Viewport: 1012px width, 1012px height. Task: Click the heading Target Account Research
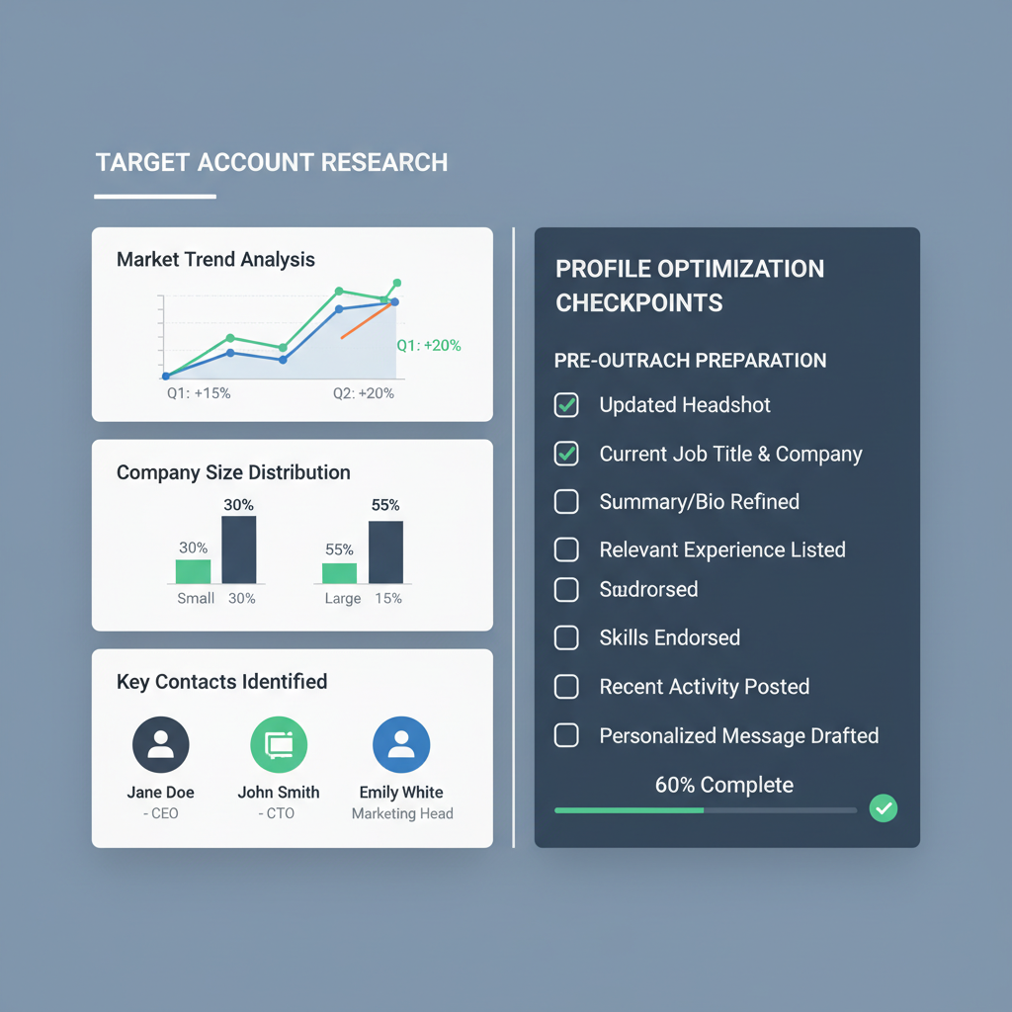pyautogui.click(x=272, y=163)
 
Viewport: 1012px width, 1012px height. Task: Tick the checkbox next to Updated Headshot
pyautogui.click(x=566, y=404)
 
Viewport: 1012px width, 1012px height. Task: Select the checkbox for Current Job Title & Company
pyautogui.click(x=566, y=454)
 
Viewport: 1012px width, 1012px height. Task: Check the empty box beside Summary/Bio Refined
pyautogui.click(x=566, y=502)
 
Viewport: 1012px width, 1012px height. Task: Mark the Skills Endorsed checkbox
pyautogui.click(x=566, y=637)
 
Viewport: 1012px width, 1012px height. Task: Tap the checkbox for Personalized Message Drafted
pyautogui.click(x=566, y=735)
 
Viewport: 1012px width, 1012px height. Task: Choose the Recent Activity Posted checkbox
pyautogui.click(x=566, y=687)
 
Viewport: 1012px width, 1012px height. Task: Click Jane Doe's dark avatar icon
pyautogui.click(x=160, y=745)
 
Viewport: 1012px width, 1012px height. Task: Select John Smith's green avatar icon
pyautogui.click(x=279, y=745)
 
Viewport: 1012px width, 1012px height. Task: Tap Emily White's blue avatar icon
pyautogui.click(x=401, y=745)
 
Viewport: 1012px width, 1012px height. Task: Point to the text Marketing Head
pyautogui.click(x=402, y=814)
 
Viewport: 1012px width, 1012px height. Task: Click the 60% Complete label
pyautogui.click(x=724, y=786)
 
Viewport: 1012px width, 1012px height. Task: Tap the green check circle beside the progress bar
pyautogui.click(x=883, y=809)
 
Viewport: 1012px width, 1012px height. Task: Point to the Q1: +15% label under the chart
pyautogui.click(x=199, y=393)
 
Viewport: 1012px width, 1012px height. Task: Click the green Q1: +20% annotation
pyautogui.click(x=429, y=346)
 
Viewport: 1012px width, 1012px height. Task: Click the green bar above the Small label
pyautogui.click(x=193, y=571)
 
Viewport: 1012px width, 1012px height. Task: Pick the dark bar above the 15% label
pyautogui.click(x=385, y=551)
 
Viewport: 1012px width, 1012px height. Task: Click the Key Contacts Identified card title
pyautogui.click(x=221, y=682)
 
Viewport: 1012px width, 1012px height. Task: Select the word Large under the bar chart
pyautogui.click(x=343, y=599)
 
